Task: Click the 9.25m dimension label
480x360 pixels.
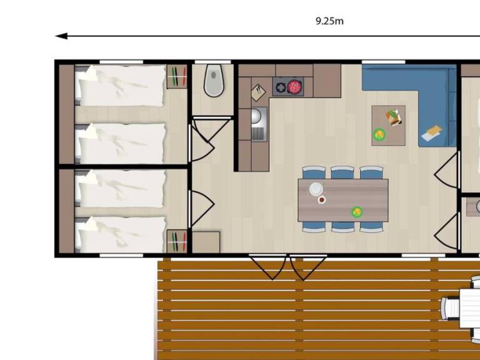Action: tap(329, 21)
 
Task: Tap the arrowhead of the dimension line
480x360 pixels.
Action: tap(61, 36)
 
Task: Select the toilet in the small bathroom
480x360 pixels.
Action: tap(214, 80)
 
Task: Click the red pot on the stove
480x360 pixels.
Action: tap(294, 87)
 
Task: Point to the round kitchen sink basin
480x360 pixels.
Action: tap(256, 116)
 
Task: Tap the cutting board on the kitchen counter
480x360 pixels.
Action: tap(258, 92)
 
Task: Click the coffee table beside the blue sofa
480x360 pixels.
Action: tap(389, 126)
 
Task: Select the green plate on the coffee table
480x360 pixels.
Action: tap(379, 134)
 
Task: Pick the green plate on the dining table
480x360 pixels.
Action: tap(357, 212)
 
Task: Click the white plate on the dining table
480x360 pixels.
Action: tap(316, 189)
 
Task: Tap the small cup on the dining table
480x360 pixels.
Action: tap(321, 200)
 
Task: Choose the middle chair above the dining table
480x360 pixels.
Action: tap(342, 172)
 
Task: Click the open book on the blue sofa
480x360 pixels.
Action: tap(432, 132)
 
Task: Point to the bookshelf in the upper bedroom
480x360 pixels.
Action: tap(177, 76)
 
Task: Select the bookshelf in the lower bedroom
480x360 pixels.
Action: tap(177, 241)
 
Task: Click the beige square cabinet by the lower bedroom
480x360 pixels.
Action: tap(206, 242)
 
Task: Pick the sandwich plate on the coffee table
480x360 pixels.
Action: tap(394, 118)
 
